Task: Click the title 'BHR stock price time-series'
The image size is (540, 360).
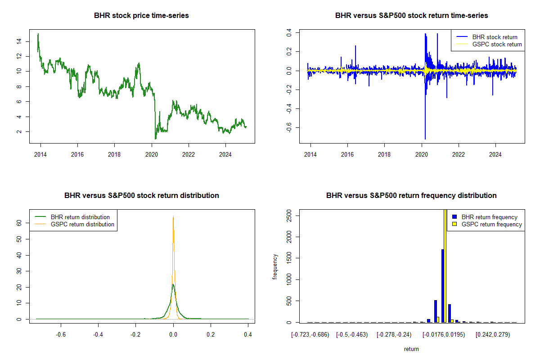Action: tap(141, 15)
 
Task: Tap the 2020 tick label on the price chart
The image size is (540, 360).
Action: tap(151, 154)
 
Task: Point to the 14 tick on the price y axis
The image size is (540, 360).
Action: tap(19, 41)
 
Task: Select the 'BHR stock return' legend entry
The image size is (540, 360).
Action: tap(487, 37)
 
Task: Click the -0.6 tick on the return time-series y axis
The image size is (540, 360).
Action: tap(289, 127)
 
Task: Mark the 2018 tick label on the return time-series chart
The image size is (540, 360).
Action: tap(384, 154)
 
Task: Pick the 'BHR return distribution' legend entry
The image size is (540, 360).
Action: tap(72, 217)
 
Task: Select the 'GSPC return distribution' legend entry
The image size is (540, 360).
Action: tap(74, 224)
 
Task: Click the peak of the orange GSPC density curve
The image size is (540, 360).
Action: tap(173, 216)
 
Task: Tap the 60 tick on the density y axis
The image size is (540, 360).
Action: tap(19, 223)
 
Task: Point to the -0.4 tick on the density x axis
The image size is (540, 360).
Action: tap(98, 334)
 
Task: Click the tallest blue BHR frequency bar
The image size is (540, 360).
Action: tap(443, 286)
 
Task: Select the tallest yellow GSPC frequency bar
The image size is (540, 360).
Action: tap(445, 266)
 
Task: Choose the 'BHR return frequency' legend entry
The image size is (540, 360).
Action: tap(485, 217)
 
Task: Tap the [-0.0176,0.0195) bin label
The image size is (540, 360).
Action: tap(444, 335)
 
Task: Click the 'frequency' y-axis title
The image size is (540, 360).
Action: tap(275, 266)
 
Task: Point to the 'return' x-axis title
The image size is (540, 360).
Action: tap(411, 349)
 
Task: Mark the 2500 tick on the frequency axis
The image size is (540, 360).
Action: tap(289, 216)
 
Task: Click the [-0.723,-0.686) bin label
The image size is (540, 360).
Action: tap(310, 335)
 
